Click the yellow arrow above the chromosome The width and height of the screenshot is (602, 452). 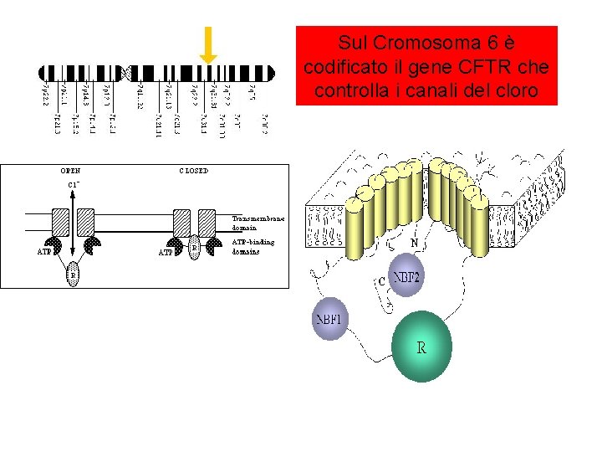click(x=208, y=44)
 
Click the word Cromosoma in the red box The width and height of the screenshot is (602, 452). click(x=403, y=42)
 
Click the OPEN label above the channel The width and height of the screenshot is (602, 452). click(x=69, y=170)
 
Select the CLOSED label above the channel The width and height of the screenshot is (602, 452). click(x=194, y=170)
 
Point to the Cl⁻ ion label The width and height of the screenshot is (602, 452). click(x=74, y=184)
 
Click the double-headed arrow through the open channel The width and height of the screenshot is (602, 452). click(x=74, y=222)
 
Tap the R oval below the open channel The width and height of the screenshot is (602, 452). click(x=74, y=272)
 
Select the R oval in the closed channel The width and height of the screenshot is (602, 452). click(x=194, y=248)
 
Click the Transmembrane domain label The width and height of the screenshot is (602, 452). click(x=258, y=223)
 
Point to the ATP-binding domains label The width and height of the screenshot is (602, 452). click(x=253, y=246)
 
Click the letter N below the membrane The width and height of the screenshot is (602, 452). click(x=415, y=244)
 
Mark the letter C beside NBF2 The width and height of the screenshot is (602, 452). click(x=381, y=281)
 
